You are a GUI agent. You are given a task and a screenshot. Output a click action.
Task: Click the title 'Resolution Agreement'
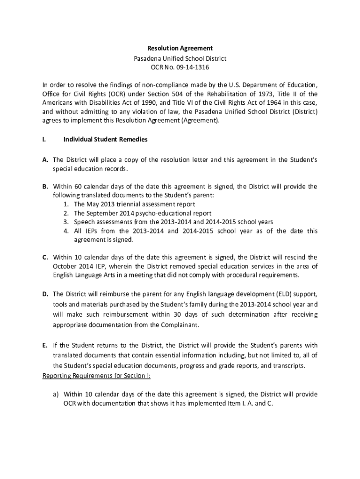[180, 48]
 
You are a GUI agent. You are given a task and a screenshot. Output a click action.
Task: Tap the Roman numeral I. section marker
[44, 139]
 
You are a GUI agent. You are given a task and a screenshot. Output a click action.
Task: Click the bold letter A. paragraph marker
[45, 160]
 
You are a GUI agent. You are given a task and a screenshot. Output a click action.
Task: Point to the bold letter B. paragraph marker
[45, 187]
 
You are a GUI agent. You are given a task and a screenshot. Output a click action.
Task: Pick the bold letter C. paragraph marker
[45, 257]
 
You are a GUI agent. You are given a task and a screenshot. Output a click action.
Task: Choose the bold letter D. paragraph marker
[45, 294]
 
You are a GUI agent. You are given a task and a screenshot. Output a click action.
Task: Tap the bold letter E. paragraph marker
[45, 346]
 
